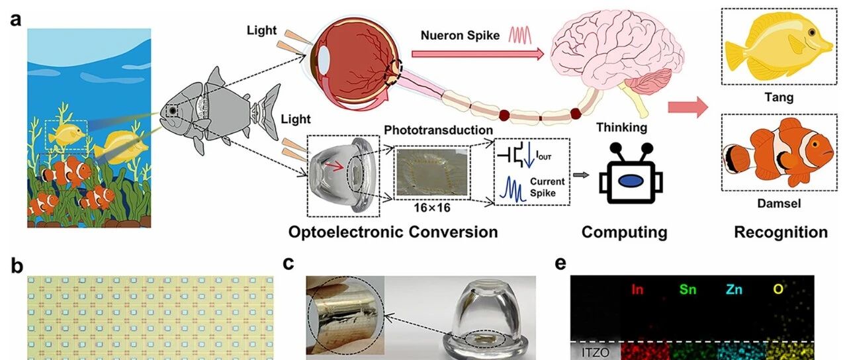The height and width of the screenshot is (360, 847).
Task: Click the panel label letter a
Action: click(x=16, y=19)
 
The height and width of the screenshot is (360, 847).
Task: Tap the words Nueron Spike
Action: click(x=460, y=36)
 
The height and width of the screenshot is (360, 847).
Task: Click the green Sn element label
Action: click(x=688, y=289)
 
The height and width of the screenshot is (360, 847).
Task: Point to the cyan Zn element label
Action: click(x=734, y=289)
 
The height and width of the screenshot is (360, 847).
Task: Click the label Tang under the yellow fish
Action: click(x=779, y=97)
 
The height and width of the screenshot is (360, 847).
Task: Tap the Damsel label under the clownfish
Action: click(x=779, y=203)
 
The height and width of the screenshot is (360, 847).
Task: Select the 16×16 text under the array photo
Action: click(x=432, y=208)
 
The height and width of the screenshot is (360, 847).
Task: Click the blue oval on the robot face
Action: click(x=630, y=181)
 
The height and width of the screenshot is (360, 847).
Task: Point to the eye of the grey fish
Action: click(x=173, y=111)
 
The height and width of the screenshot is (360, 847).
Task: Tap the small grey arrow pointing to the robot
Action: click(x=581, y=175)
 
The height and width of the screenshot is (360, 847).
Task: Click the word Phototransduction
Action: click(x=438, y=130)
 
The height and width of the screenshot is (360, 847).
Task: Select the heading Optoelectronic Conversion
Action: click(x=393, y=232)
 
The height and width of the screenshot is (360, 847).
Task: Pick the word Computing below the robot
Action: click(x=624, y=232)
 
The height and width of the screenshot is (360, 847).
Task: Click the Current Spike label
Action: click(x=547, y=187)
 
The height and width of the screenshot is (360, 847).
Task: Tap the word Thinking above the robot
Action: click(x=621, y=128)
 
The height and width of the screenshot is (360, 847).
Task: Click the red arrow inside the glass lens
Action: click(x=335, y=165)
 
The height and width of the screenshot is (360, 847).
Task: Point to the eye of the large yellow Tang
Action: click(x=812, y=33)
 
